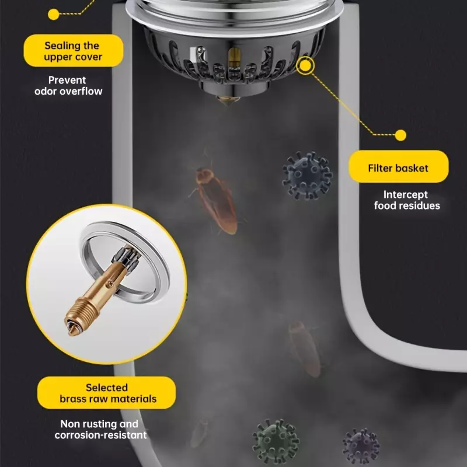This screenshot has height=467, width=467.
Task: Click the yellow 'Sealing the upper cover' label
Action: point(74,51)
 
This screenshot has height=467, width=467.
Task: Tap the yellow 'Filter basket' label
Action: point(399,166)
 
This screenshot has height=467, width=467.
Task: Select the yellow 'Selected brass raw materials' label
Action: point(106,392)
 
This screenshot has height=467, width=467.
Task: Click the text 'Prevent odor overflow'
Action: point(68,85)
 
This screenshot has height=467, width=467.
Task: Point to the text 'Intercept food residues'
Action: point(407,200)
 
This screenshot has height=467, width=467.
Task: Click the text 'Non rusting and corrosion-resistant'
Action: point(100,429)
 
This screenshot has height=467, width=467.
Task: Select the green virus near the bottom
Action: point(276,441)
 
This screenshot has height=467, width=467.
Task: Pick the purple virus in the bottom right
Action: point(361,447)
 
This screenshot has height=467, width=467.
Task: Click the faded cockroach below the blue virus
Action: point(304,348)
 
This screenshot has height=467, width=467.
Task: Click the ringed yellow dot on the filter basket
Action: point(305,65)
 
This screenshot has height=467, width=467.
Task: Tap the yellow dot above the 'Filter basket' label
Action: point(400,135)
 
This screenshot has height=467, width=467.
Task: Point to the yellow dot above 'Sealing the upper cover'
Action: point(54,14)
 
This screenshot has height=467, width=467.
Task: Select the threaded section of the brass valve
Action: point(81,312)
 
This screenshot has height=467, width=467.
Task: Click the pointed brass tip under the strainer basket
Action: point(228,100)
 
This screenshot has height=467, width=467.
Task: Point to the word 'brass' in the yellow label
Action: point(72,399)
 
